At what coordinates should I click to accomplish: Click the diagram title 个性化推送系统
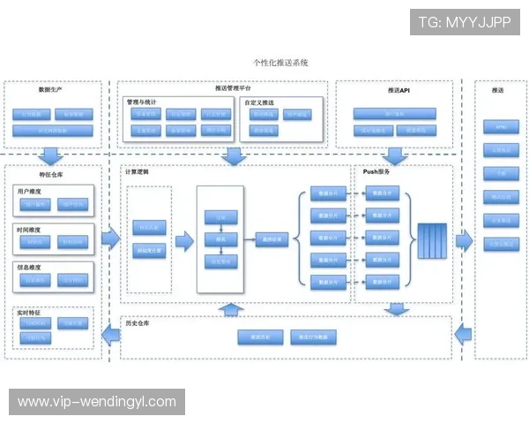click(x=279, y=64)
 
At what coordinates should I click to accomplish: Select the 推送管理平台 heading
click(x=233, y=88)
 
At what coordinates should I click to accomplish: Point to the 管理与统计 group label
click(x=145, y=102)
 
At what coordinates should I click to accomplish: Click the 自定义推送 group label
click(x=259, y=102)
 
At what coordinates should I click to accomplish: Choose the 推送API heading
click(x=399, y=90)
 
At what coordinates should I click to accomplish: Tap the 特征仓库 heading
click(x=51, y=175)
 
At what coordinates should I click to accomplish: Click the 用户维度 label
click(x=30, y=190)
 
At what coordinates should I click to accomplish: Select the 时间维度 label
click(x=30, y=228)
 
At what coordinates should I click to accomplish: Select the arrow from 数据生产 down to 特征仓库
click(x=50, y=155)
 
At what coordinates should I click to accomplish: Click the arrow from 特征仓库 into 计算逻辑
click(x=110, y=238)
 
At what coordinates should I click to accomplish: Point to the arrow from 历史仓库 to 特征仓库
click(x=110, y=334)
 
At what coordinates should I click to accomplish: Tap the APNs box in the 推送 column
click(x=500, y=126)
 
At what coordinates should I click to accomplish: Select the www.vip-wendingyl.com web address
click(x=97, y=402)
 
